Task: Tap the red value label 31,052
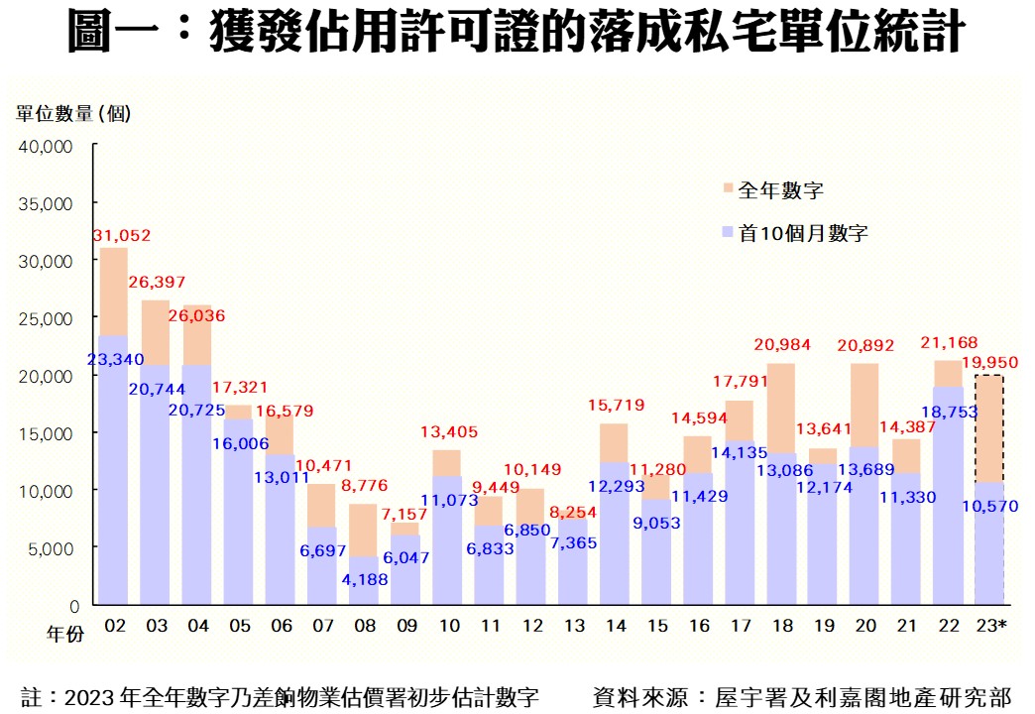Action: pos(121,236)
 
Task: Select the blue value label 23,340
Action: pos(114,359)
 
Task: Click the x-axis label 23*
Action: pos(991,627)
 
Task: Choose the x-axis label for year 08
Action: pos(364,627)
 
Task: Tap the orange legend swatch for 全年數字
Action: pos(729,188)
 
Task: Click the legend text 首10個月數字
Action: pos(804,234)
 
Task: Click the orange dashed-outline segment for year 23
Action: pos(989,428)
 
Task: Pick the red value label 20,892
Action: pos(864,345)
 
